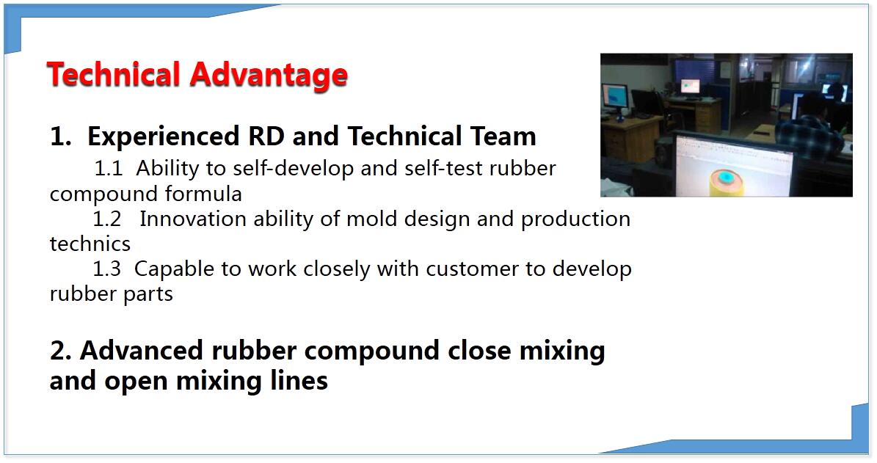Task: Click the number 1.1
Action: (108, 168)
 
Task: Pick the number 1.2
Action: (107, 219)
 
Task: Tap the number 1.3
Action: (107, 269)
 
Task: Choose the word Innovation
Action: (193, 219)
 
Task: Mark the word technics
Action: (90, 244)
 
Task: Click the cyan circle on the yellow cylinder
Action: (726, 178)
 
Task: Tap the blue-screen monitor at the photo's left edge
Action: (615, 99)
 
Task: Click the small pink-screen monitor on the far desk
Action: (691, 87)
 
